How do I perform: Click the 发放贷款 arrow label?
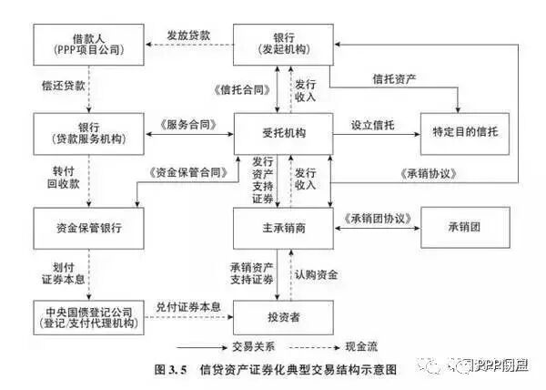(187, 35)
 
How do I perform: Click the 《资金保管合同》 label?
(186, 170)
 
